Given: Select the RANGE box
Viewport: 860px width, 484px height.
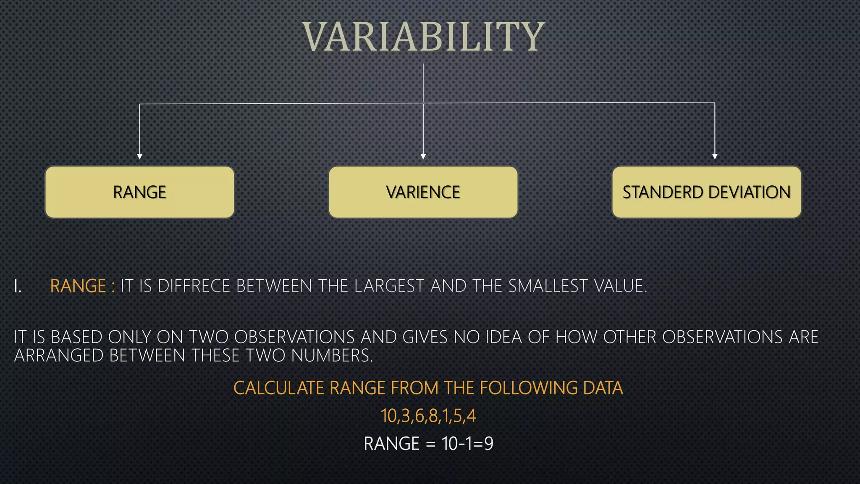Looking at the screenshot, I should [x=139, y=192].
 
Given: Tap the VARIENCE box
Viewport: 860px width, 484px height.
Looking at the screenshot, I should [x=423, y=192].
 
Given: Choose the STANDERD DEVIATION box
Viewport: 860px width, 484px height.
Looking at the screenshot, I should [x=706, y=192].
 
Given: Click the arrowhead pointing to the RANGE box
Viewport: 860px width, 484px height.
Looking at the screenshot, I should [x=140, y=156].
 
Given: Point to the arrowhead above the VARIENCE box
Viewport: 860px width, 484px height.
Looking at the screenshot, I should [x=423, y=156].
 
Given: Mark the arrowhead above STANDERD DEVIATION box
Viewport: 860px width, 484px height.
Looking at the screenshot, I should [x=715, y=156].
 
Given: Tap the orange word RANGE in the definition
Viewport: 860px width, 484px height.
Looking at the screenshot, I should [x=78, y=286].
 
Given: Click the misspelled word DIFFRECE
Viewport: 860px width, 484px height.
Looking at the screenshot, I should [x=194, y=286].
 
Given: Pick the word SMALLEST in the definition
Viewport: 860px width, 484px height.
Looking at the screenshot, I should [x=548, y=286].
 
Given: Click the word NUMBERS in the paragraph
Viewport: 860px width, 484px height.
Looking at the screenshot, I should [x=332, y=356].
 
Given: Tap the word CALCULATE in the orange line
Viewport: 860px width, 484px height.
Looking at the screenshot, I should [x=278, y=388].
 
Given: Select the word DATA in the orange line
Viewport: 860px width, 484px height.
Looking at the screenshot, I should [x=603, y=388].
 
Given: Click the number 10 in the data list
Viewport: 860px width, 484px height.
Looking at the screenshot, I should [x=388, y=416].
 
